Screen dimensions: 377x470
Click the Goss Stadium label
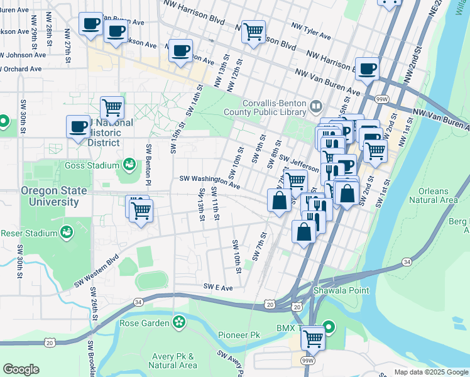[92, 165]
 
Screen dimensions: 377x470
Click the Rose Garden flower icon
[180, 323]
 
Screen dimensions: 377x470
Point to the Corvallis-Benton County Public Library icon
[315, 108]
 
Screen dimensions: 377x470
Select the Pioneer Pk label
[238, 336]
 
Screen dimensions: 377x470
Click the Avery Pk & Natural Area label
[173, 361]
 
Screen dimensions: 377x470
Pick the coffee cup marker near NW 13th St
[180, 50]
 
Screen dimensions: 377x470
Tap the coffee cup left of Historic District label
[79, 126]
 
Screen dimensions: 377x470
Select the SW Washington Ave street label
[210, 182]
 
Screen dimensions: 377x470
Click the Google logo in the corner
[21, 369]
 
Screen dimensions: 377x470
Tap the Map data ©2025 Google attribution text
[431, 372]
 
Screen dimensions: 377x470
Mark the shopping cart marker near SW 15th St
[112, 107]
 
